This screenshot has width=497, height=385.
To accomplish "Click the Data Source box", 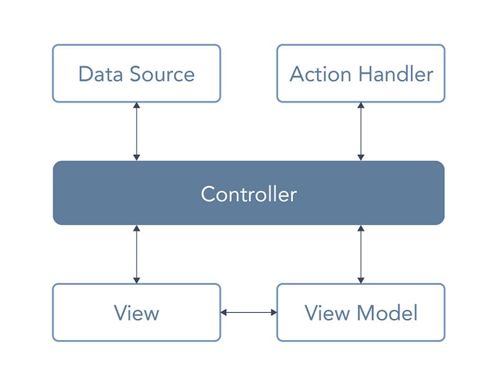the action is [x=136, y=73].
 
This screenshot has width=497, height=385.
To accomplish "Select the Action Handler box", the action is [x=361, y=73].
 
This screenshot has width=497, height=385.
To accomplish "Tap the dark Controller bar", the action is [x=248, y=193].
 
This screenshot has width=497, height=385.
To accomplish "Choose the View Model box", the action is [x=361, y=312].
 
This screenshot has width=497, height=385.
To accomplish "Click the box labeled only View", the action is [x=136, y=312].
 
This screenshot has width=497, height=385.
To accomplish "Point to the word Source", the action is [x=162, y=74].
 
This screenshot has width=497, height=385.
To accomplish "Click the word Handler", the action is [x=396, y=74].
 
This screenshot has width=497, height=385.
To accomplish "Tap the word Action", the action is [x=320, y=74].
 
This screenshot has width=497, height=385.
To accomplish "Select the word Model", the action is [x=387, y=313].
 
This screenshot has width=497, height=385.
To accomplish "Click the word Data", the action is [x=101, y=74].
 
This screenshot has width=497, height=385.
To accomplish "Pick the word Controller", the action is [x=249, y=194].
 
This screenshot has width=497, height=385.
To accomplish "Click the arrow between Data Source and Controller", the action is [x=137, y=131].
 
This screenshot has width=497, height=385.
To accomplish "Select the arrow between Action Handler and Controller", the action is [x=361, y=131].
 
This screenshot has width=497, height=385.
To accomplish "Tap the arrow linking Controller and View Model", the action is [x=361, y=254].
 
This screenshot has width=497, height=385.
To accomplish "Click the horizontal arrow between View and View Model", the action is [x=249, y=313].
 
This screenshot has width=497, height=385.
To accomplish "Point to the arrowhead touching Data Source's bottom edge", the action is [x=137, y=105].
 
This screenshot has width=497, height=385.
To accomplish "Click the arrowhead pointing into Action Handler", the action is [x=361, y=105].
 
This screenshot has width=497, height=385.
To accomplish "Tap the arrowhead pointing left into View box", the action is [x=224, y=313].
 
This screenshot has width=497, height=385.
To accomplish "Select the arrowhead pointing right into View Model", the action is [x=274, y=313].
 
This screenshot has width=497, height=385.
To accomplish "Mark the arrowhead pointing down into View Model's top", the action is [x=361, y=281].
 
